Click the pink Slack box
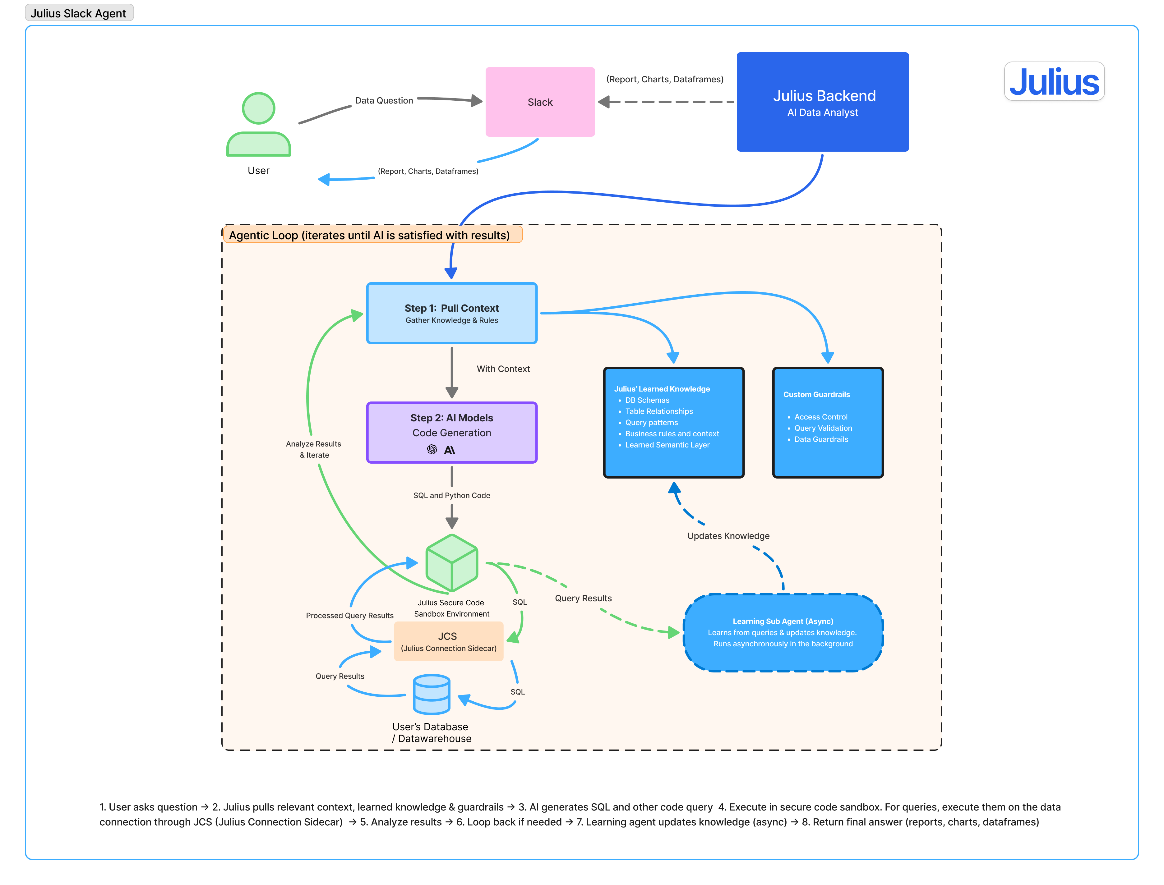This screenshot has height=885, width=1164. [x=540, y=102]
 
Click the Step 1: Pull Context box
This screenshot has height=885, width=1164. [x=452, y=314]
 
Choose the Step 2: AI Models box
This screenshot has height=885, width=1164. [x=452, y=433]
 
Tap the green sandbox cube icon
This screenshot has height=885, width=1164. [x=452, y=563]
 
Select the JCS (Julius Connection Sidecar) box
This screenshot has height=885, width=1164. [x=448, y=641]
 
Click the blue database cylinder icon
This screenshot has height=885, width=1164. [x=432, y=694]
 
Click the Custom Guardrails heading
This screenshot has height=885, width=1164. [x=816, y=395]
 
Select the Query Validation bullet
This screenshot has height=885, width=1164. [x=823, y=428]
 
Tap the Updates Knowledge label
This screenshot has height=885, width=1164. [x=728, y=536]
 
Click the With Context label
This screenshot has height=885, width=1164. [x=503, y=369]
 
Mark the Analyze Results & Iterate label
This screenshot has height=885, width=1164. [x=313, y=449]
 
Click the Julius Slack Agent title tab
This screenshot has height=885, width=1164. [x=79, y=13]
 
